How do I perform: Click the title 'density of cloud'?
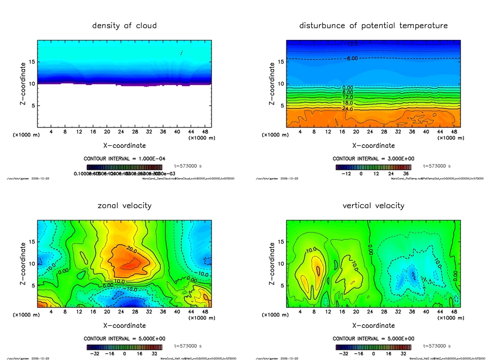pos(124,25)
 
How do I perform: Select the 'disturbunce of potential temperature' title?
pos(373,25)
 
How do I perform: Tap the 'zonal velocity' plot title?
pos(124,205)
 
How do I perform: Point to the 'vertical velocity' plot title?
pos(373,205)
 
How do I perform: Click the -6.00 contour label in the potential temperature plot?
pos(352,58)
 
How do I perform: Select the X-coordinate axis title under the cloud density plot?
pos(124,145)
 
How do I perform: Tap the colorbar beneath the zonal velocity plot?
pos(124,347)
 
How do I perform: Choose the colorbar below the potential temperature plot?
pos(373,167)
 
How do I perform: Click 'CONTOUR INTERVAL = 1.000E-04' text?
pos(124,159)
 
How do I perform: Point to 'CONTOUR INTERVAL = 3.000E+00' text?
pos(373,159)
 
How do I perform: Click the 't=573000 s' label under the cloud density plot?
pos(187,166)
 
